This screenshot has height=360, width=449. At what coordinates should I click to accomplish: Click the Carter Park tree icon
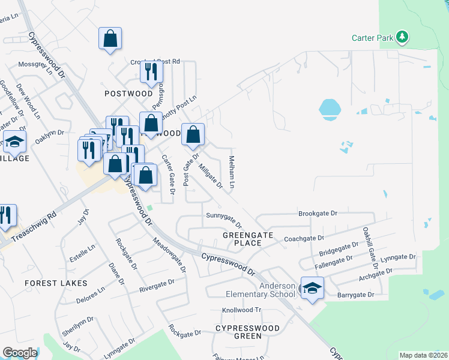(x=402, y=38)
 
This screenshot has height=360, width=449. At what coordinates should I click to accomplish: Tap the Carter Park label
(x=372, y=38)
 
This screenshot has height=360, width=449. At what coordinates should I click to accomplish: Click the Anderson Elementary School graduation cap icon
(x=312, y=289)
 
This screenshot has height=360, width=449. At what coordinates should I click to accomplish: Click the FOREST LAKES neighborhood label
(x=56, y=283)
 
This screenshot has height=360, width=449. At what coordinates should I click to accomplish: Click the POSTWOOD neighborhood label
(x=129, y=94)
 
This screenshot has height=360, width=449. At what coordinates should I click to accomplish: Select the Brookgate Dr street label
(x=318, y=213)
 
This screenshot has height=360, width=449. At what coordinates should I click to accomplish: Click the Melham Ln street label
(x=231, y=170)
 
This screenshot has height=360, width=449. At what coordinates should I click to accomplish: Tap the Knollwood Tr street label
(x=242, y=310)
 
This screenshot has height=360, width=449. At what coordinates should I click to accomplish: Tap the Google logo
(x=20, y=353)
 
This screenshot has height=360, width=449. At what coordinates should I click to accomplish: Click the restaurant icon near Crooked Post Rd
(x=151, y=73)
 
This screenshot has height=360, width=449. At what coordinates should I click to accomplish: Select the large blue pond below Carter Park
(x=329, y=108)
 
